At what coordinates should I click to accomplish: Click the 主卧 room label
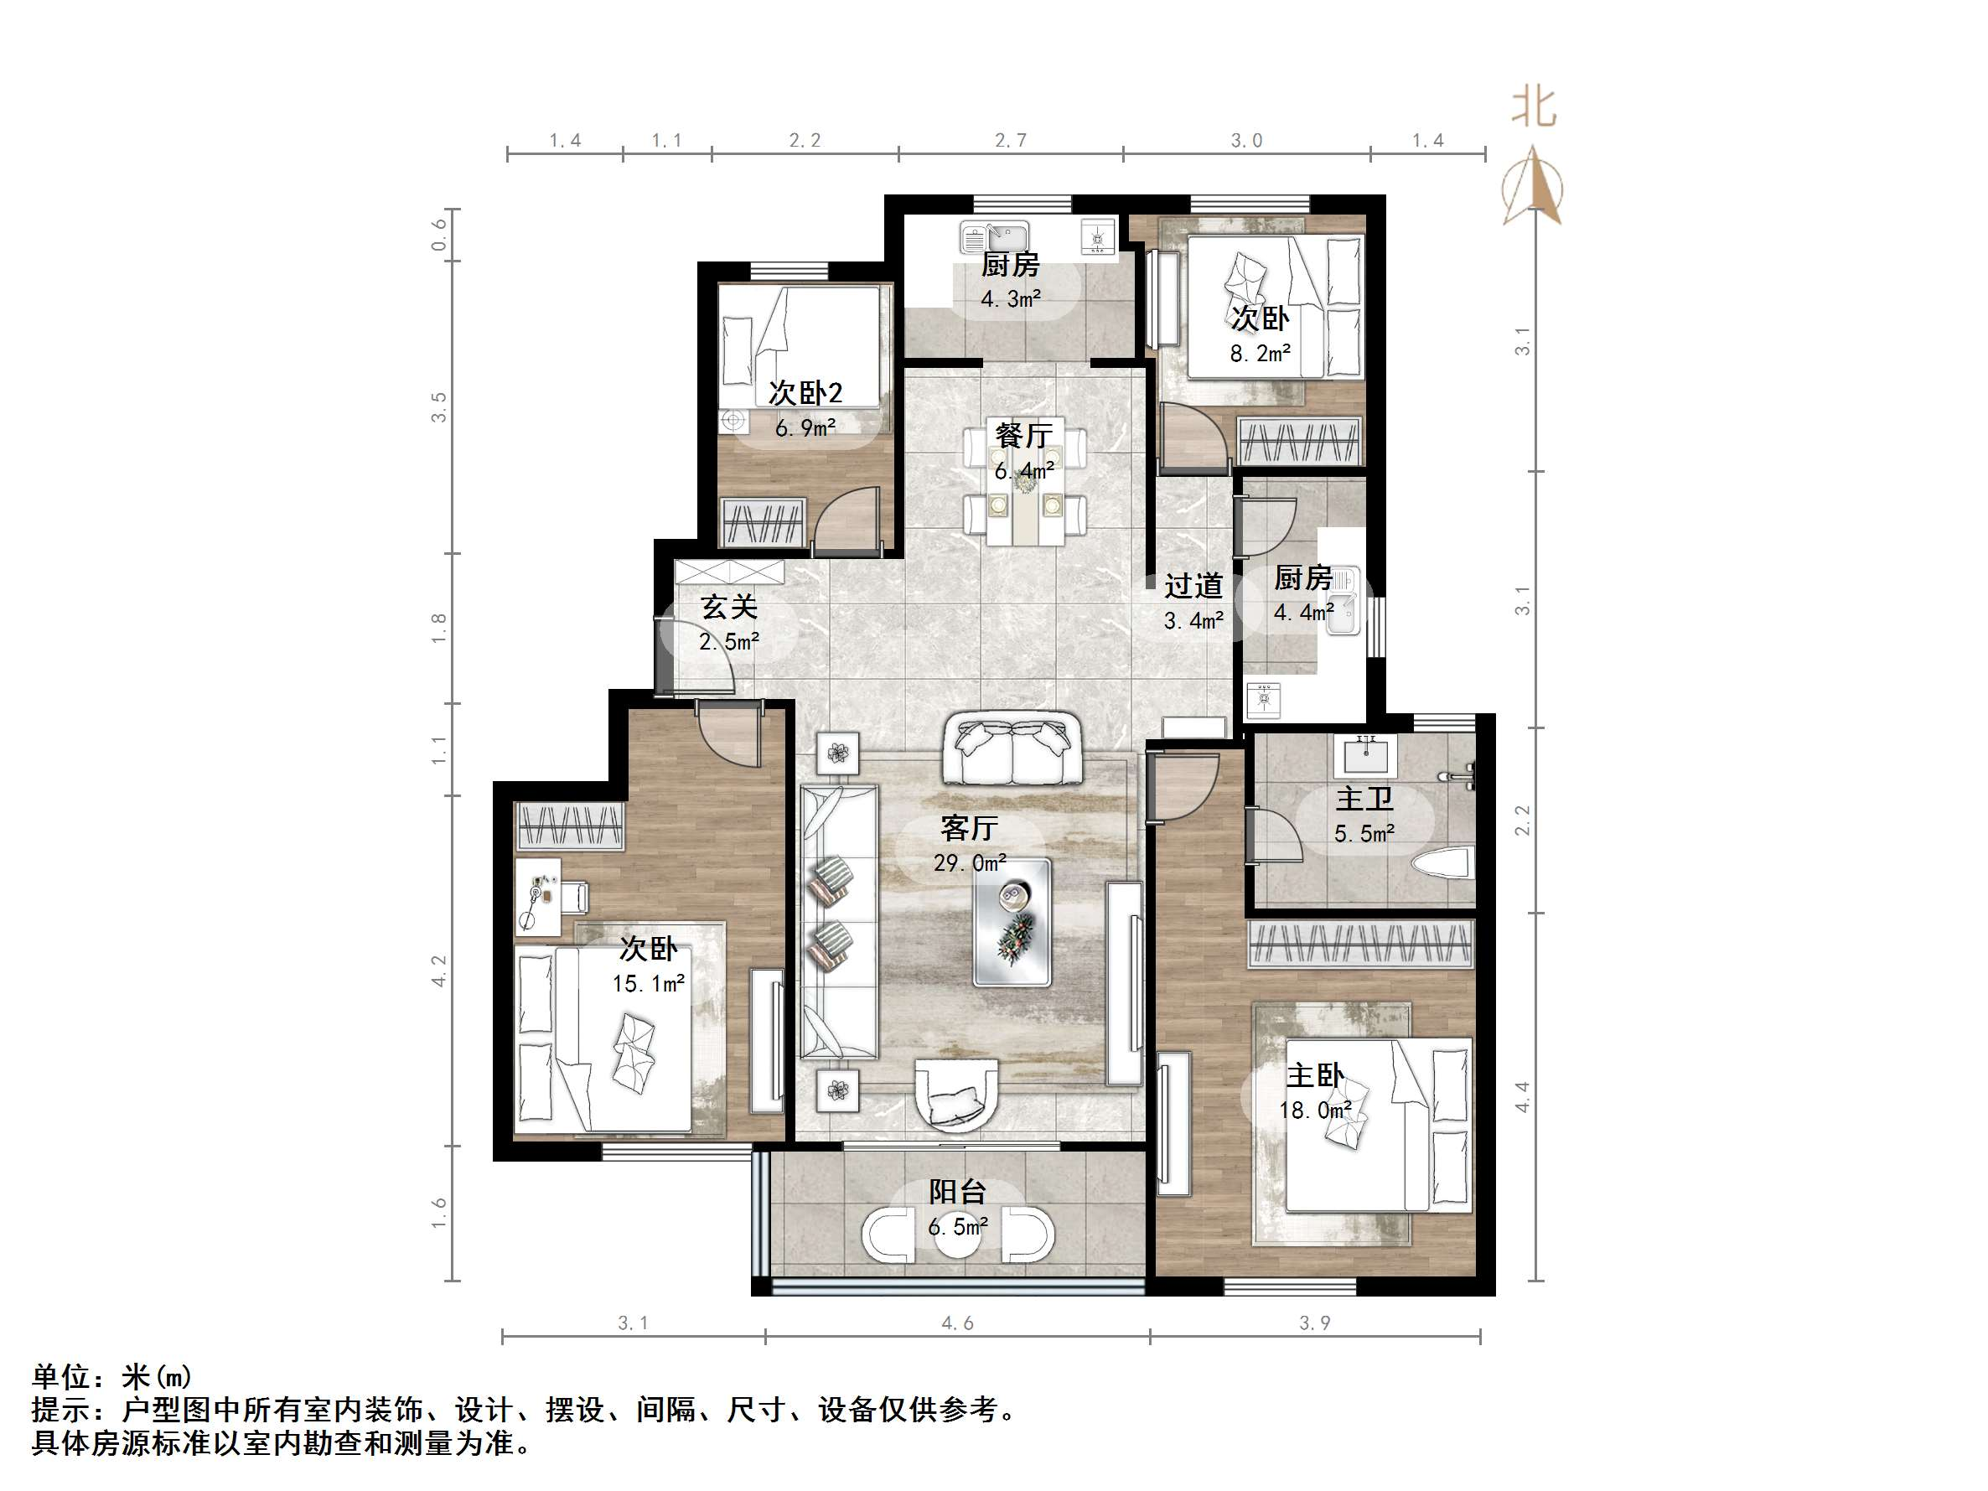pos(1315,1075)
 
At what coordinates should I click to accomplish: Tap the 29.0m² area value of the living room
pos(969,862)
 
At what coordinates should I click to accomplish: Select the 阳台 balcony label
pos(957,1192)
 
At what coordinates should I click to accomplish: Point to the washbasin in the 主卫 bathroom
pos(1364,755)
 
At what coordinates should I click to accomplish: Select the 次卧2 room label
pos(805,393)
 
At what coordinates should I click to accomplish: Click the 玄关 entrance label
pos(729,607)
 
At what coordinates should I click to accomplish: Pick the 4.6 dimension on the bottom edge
pos(957,1323)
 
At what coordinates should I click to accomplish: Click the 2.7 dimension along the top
pos(1010,140)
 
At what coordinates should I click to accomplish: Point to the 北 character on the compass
pos(1533,108)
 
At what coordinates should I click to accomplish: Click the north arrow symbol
pos(1533,189)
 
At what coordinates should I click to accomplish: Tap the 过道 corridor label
pos(1193,586)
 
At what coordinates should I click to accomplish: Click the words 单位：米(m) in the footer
pos(112,1377)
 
